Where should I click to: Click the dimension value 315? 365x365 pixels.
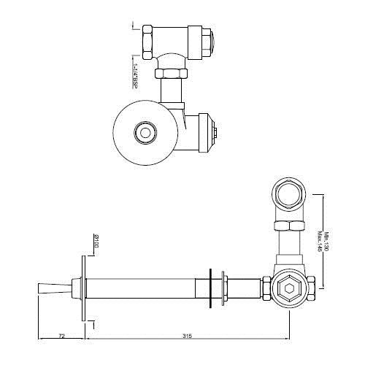point(187,336)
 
